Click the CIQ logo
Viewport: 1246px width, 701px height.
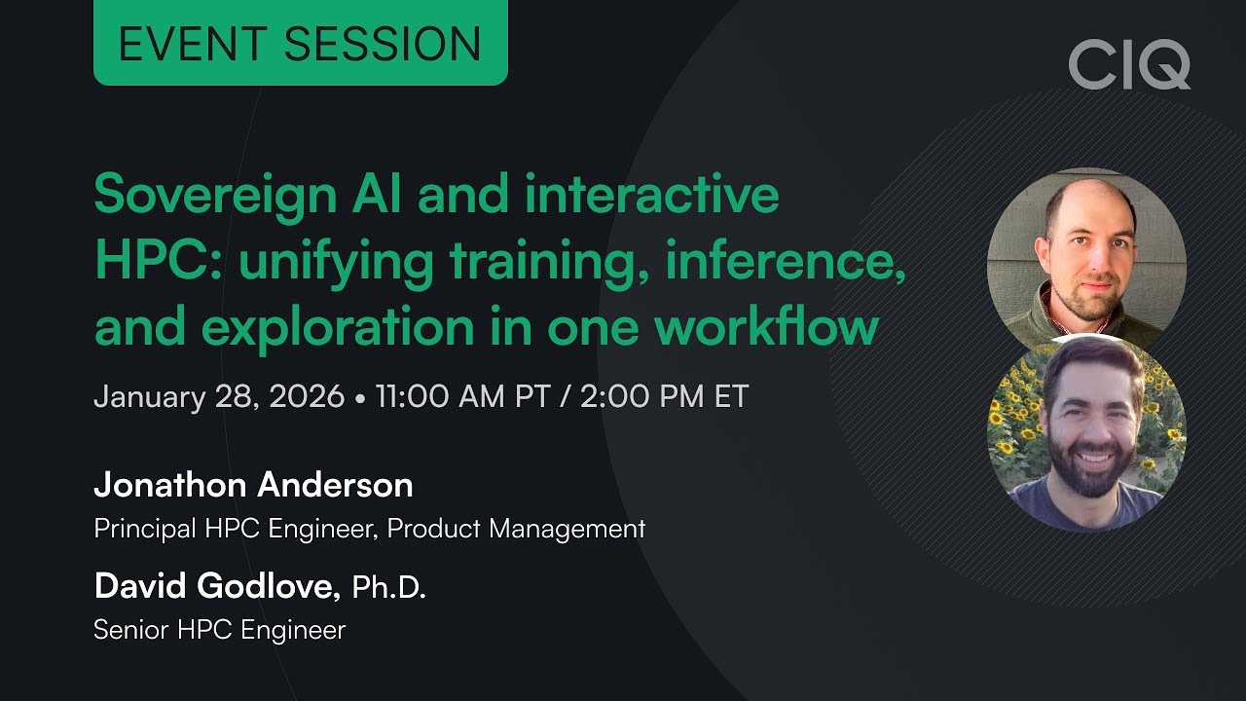1129,64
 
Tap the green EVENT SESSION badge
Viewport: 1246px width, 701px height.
300,43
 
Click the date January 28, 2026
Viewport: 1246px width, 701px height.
219,397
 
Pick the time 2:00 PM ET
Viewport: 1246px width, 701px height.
664,397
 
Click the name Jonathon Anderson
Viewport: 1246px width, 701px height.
253,485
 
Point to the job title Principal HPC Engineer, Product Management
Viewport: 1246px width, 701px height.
369,529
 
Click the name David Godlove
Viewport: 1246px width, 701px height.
215,586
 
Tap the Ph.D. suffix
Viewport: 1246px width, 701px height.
388,587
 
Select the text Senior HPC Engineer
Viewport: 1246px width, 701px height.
219,630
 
